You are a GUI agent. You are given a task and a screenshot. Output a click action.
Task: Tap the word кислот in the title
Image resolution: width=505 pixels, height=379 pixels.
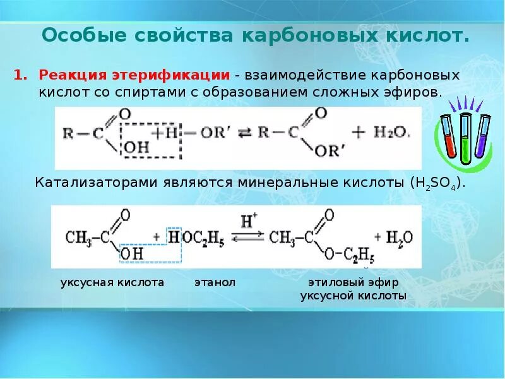[427, 35]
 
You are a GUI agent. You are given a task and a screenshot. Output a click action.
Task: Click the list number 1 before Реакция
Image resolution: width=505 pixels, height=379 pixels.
[20, 75]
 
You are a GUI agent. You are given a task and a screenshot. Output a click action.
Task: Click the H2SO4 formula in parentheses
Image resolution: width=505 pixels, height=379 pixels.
[437, 183]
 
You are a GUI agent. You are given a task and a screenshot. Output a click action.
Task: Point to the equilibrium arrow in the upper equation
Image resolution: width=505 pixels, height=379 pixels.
[244, 133]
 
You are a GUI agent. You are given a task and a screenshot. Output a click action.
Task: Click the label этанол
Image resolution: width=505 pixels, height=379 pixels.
[215, 282]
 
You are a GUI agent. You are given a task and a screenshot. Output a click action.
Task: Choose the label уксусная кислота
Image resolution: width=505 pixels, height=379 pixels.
[112, 282]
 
